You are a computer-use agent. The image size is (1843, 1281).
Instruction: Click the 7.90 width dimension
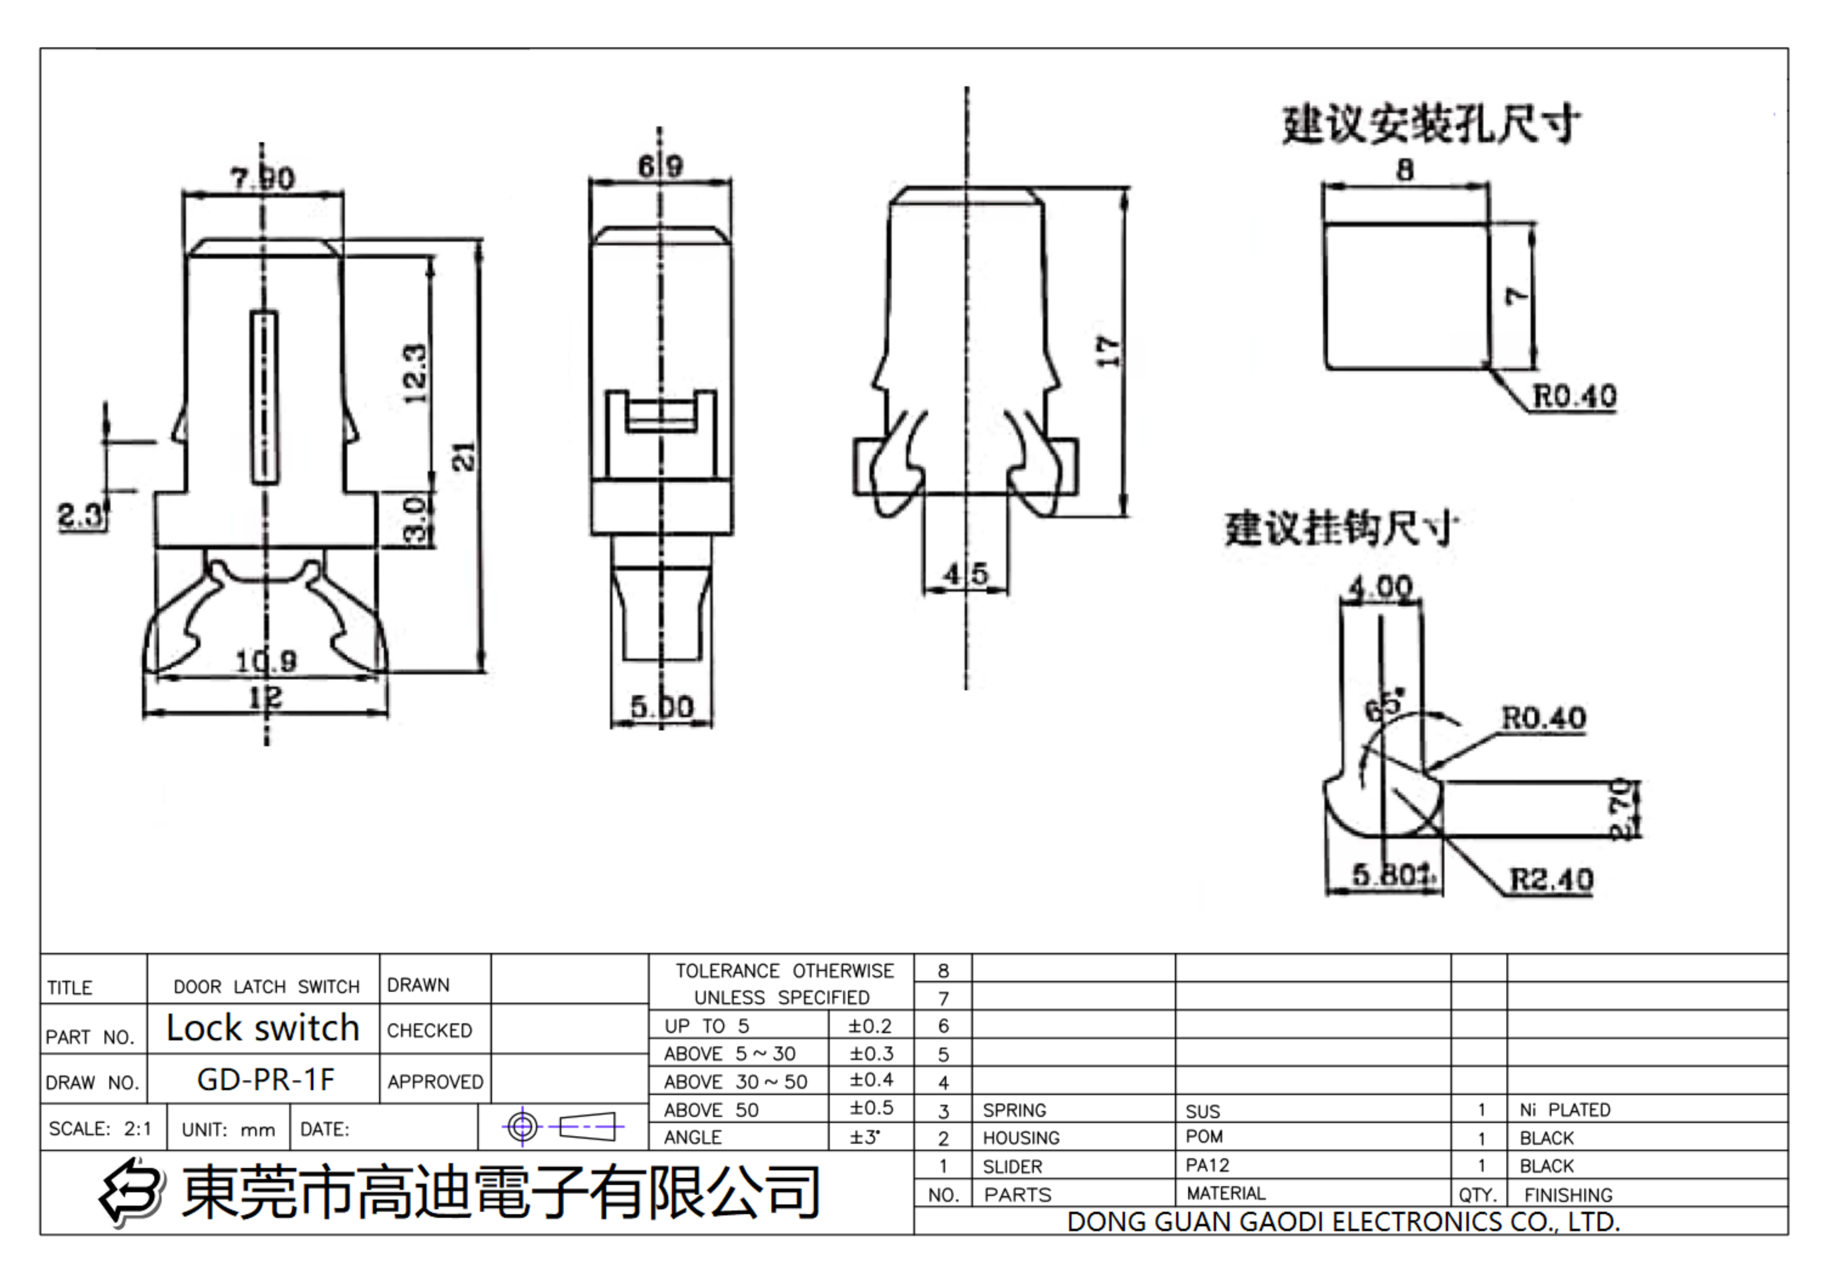(262, 177)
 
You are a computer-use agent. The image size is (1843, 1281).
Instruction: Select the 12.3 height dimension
(415, 373)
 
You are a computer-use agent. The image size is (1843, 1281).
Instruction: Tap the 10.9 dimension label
(265, 661)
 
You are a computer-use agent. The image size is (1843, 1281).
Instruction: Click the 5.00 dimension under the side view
(661, 707)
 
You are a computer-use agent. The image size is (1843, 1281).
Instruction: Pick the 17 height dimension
(1107, 352)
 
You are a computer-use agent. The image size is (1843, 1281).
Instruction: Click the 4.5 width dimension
(965, 574)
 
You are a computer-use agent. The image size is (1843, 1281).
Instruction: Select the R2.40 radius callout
(1550, 880)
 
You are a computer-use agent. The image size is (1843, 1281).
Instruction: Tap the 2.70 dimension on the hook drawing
(1620, 808)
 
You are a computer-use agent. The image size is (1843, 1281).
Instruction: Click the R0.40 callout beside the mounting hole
(1573, 396)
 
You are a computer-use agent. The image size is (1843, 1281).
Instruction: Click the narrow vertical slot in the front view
(265, 397)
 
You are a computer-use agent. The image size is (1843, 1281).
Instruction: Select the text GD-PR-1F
(265, 1079)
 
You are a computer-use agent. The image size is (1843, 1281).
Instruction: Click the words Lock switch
(262, 1028)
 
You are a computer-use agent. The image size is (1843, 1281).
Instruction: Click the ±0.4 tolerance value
(870, 1080)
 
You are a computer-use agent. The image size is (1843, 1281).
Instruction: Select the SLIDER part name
(1012, 1166)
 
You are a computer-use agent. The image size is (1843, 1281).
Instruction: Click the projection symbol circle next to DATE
(522, 1126)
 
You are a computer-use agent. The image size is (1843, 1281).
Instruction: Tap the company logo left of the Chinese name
(132, 1192)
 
